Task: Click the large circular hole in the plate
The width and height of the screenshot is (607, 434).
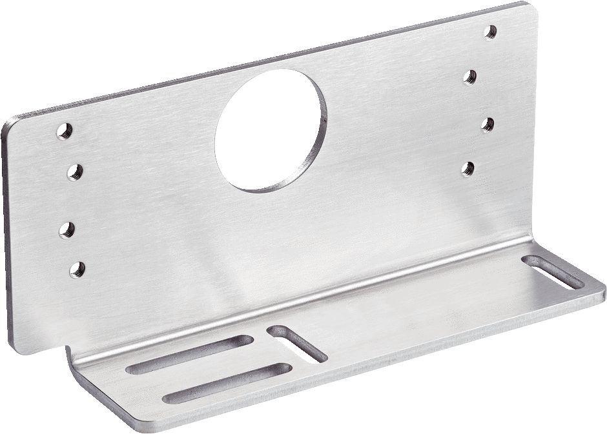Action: (271, 130)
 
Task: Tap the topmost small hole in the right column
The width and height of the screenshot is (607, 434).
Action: (491, 31)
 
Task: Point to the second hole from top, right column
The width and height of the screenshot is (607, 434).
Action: (470, 77)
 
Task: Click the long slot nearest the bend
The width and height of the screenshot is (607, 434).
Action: (189, 355)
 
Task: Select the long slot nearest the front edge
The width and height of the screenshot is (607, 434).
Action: (227, 383)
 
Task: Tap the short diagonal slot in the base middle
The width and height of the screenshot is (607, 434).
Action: (297, 343)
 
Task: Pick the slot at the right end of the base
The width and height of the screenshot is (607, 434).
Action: (553, 272)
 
